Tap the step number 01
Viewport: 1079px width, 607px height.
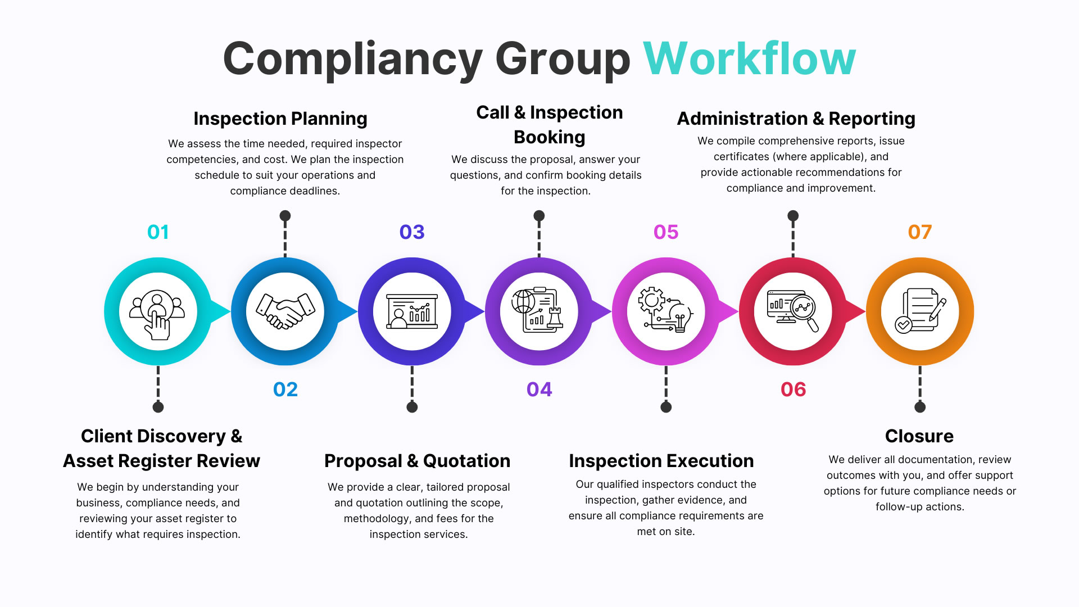(158, 232)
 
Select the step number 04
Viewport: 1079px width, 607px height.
(539, 389)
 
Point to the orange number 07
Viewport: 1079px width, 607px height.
(919, 232)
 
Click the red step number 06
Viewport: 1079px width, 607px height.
(793, 389)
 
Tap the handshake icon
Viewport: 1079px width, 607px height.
(285, 311)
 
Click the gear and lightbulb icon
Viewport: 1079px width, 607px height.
(666, 311)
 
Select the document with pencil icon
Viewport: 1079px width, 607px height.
(920, 311)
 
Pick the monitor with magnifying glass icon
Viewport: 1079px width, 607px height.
(793, 311)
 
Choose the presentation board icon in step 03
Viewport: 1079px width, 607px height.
(412, 311)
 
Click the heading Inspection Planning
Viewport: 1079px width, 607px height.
(280, 119)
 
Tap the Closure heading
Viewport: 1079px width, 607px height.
(919, 436)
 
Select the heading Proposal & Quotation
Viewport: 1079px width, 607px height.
(417, 461)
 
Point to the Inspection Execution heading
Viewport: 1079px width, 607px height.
(661, 461)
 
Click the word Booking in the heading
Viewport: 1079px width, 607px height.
(549, 137)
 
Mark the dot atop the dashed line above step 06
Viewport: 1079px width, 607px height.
(793, 216)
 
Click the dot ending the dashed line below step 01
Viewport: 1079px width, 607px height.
(158, 407)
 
